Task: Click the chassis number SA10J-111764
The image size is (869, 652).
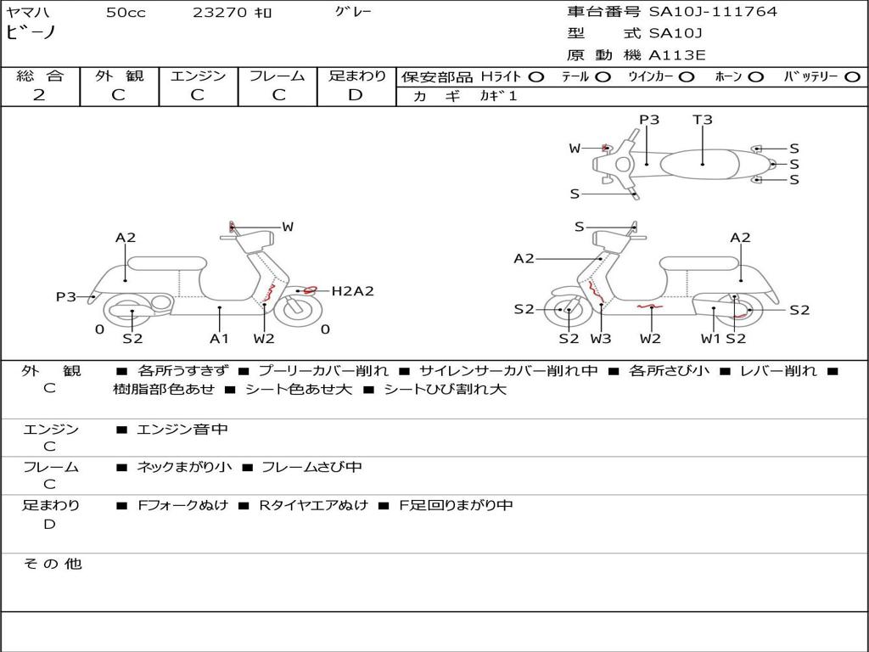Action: point(713,12)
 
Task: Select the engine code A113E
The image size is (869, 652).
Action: point(676,55)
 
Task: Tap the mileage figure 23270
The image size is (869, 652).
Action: point(220,13)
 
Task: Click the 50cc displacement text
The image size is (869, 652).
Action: point(126,13)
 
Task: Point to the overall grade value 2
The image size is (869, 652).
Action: point(39,95)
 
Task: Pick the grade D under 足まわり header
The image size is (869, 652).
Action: point(356,95)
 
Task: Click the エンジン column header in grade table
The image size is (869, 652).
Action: point(198,76)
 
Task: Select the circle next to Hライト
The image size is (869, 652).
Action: point(535,76)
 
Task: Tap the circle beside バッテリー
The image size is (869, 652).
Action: point(852,76)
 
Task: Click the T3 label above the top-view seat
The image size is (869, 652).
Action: point(703,120)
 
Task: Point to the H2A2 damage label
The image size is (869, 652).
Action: point(352,291)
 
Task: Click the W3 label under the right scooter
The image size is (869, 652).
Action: point(601,339)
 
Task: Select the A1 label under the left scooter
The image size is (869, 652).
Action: point(220,339)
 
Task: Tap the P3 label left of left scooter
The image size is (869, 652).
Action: point(66,297)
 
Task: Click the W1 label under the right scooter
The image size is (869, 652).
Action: point(709,339)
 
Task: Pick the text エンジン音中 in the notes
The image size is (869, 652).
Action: point(182,430)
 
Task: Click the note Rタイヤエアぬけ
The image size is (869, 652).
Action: point(313,505)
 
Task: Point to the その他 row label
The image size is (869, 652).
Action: point(52,564)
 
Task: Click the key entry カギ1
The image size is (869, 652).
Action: point(498,96)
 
